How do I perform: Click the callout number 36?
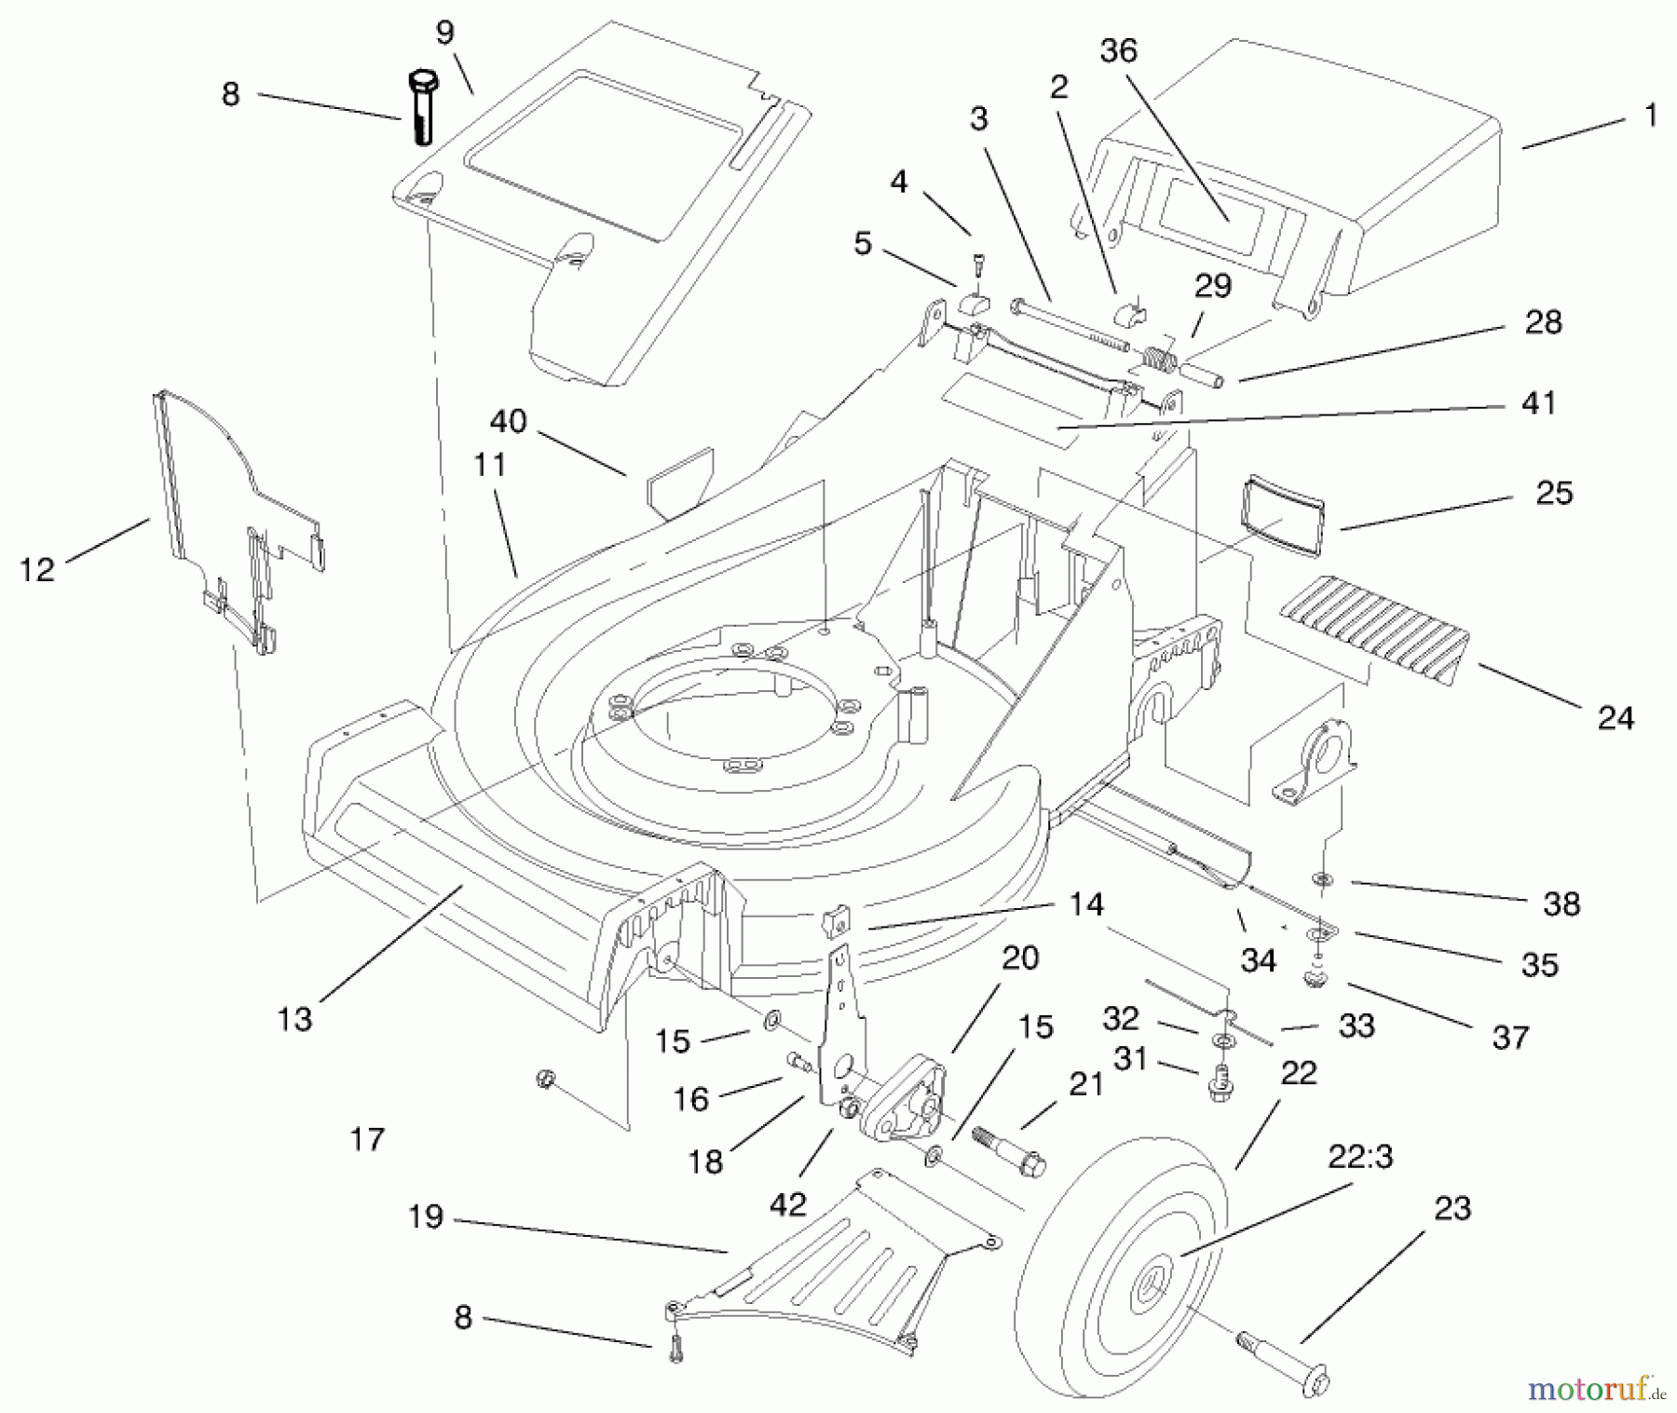coord(1118,50)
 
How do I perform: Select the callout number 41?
coord(1537,403)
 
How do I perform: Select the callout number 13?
coord(294,1018)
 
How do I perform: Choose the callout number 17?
coord(367,1138)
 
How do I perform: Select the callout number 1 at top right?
coord(1650,115)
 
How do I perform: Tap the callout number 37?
coord(1509,1037)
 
